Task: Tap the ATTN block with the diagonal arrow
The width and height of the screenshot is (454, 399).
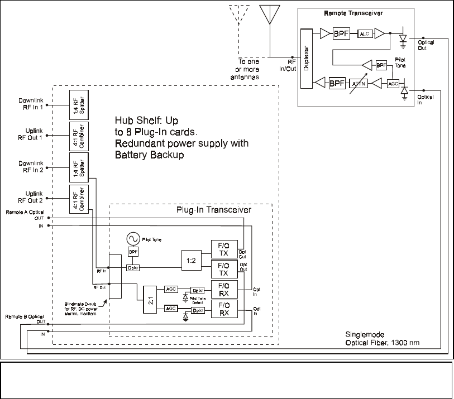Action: [357, 83]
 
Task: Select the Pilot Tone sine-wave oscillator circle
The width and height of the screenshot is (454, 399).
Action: [133, 238]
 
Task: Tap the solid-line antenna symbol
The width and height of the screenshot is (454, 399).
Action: [269, 16]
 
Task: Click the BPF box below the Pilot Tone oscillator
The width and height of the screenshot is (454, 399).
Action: [133, 252]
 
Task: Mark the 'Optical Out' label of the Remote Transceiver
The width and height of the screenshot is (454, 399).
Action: [426, 45]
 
